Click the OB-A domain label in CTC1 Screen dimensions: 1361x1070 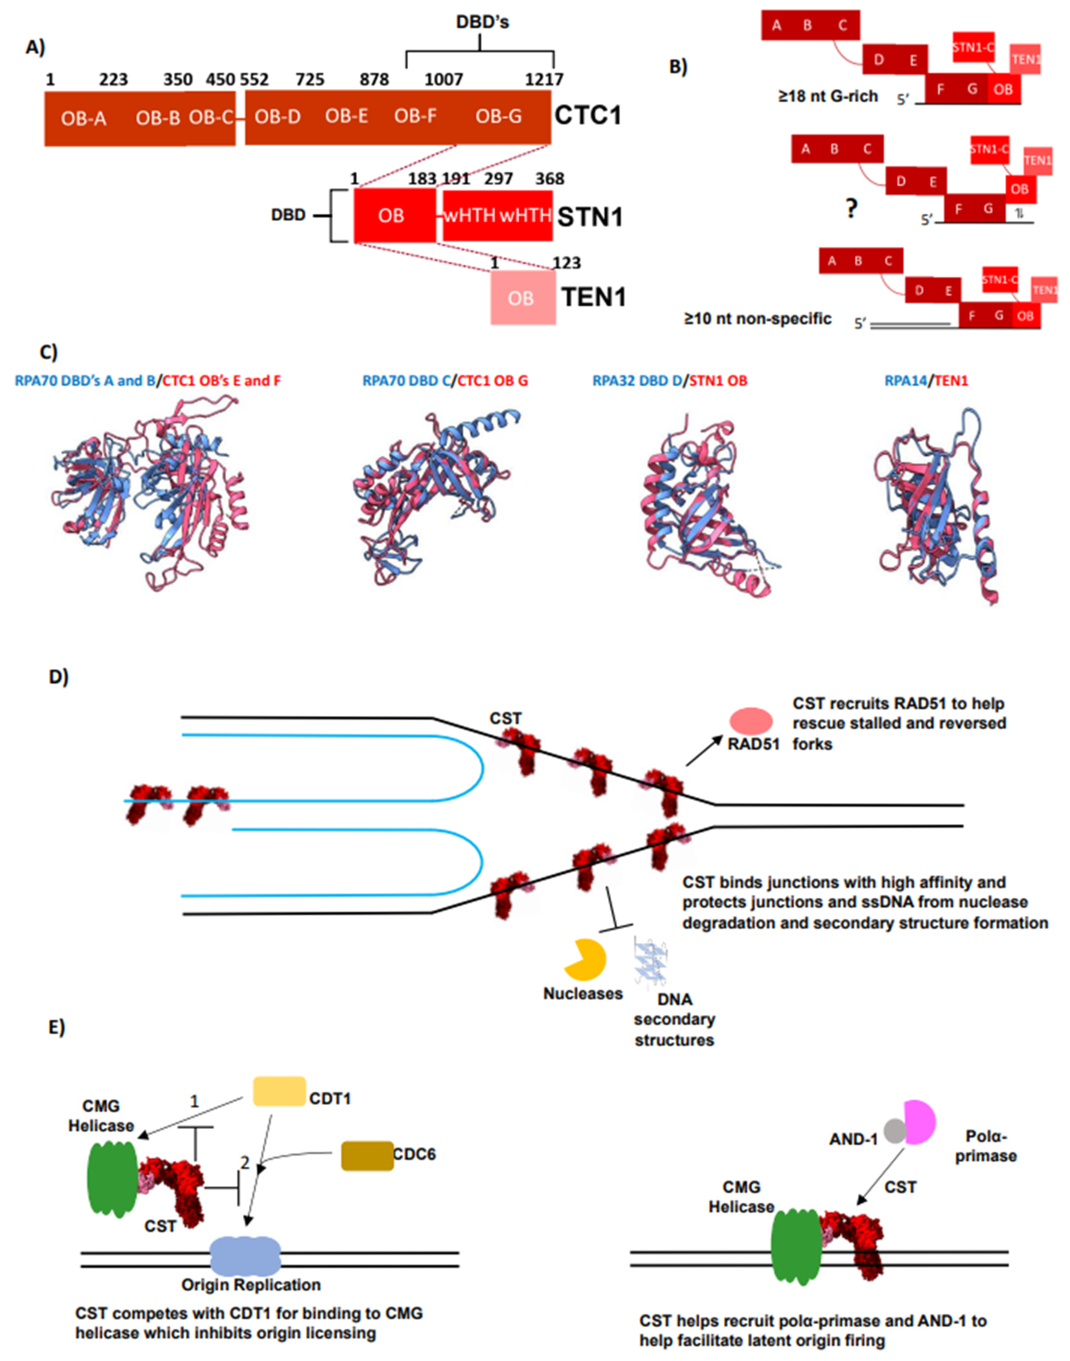(83, 118)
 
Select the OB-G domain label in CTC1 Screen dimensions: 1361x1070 (498, 116)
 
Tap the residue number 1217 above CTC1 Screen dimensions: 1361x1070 (544, 80)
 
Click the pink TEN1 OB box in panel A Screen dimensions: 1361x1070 (522, 298)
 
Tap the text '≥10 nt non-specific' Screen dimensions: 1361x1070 (757, 319)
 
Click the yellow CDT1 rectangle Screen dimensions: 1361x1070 (279, 1092)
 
